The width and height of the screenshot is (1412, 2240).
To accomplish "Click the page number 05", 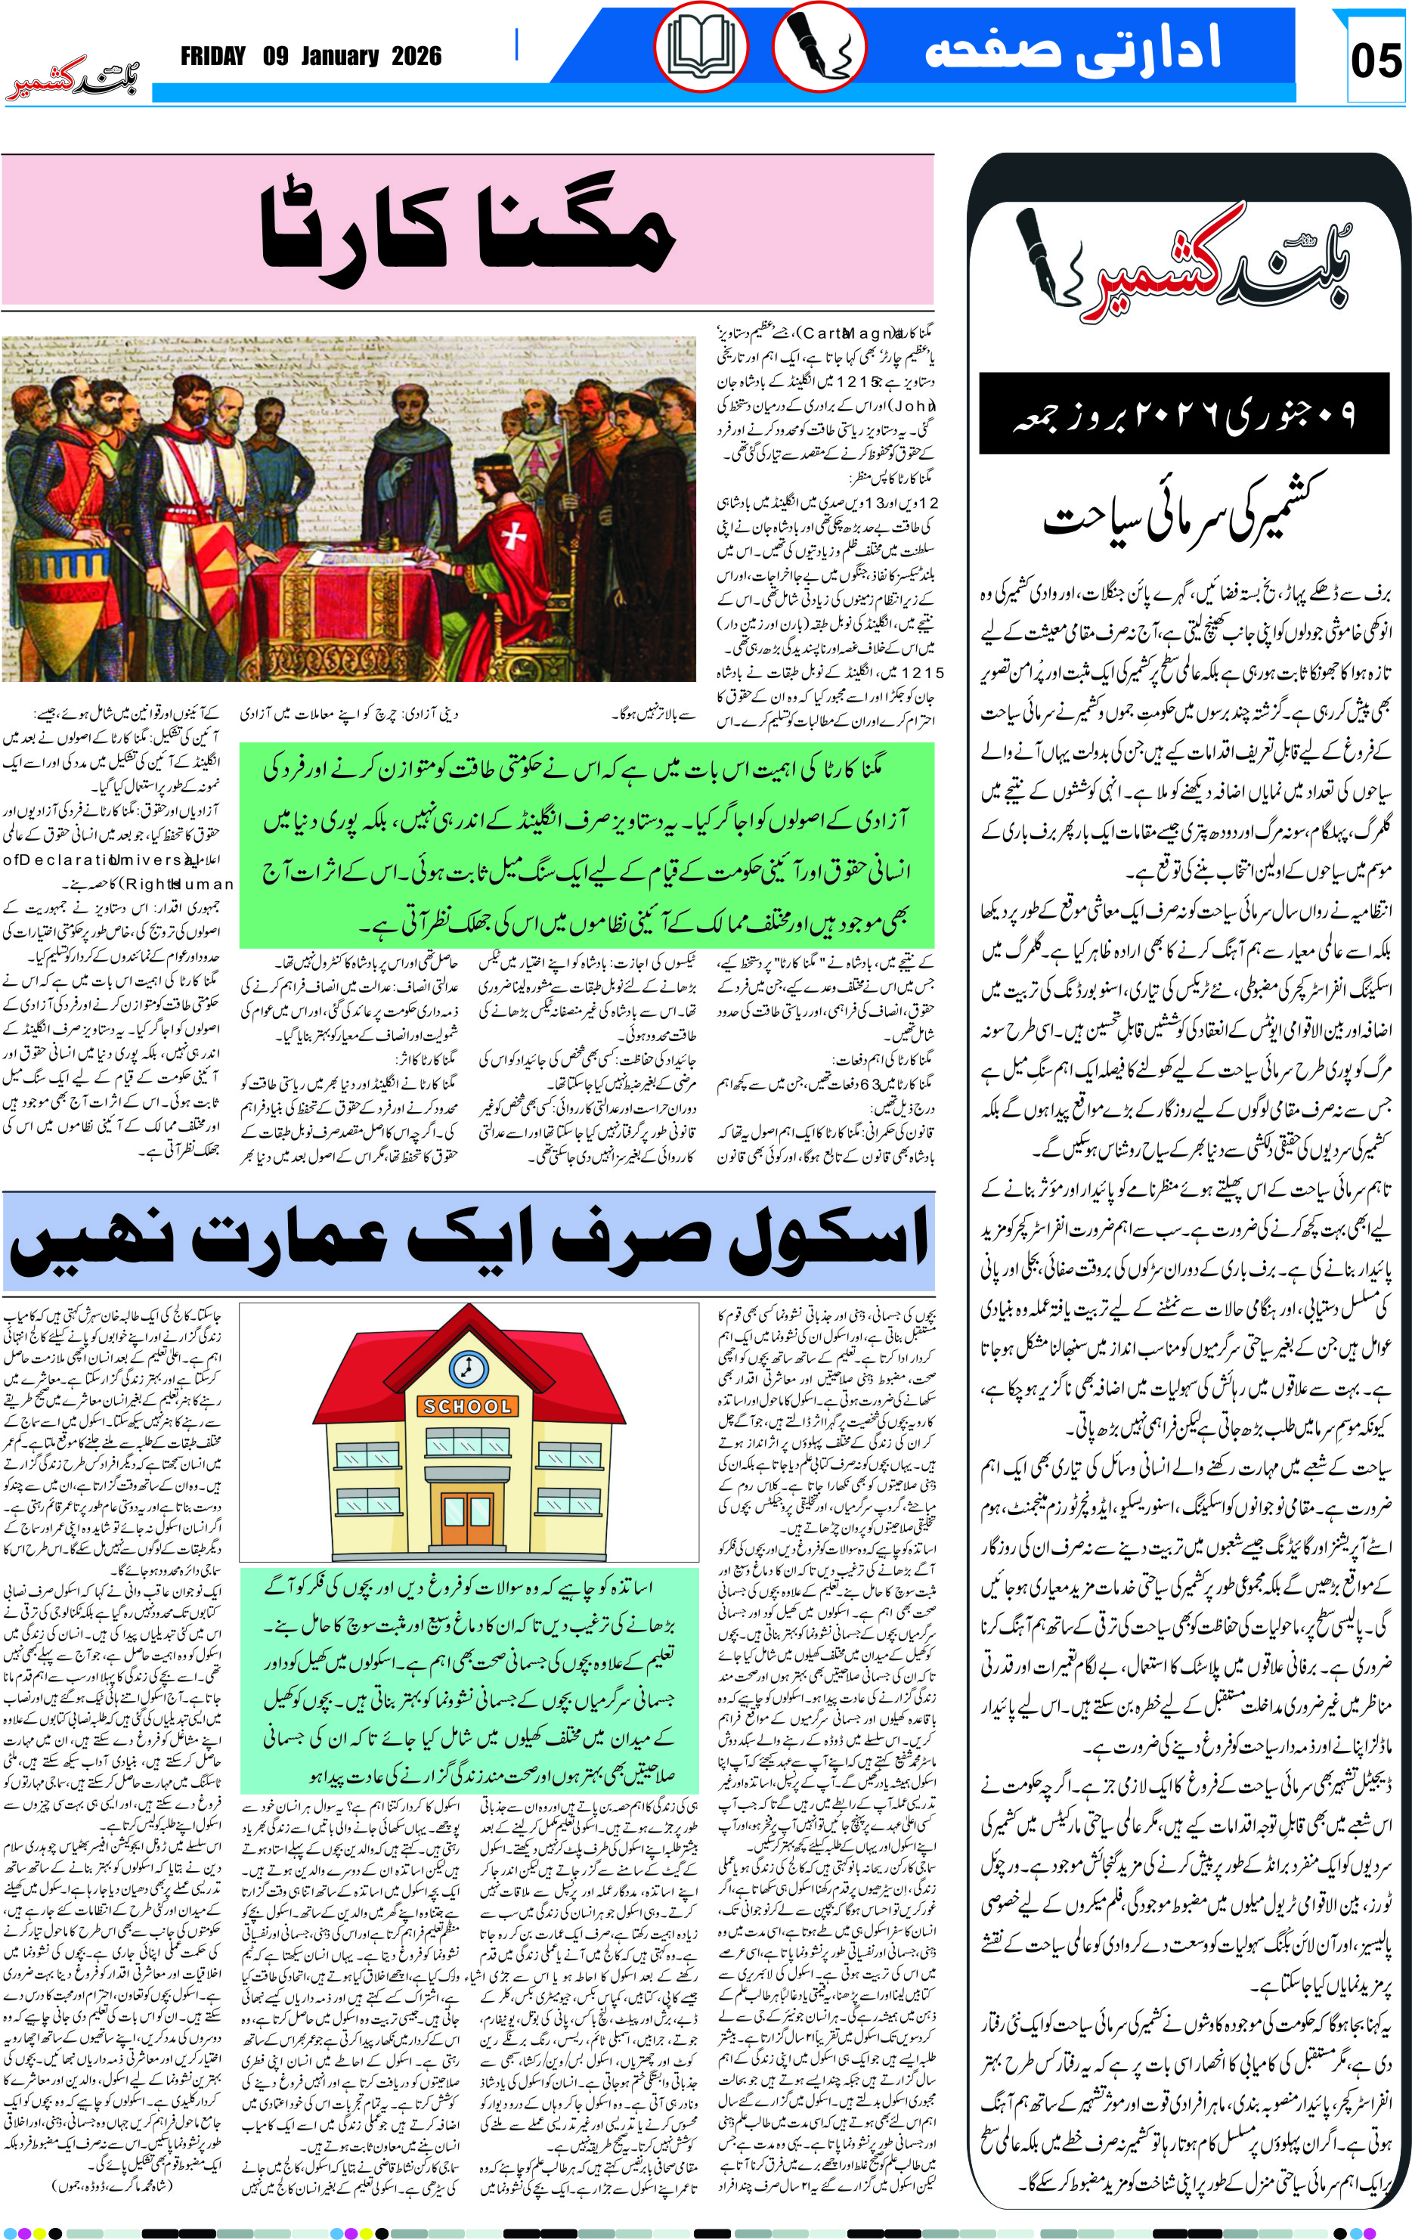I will [1375, 60].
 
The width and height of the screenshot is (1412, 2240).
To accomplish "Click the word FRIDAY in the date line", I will [212, 57].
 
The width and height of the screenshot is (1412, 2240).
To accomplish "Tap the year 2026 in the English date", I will [416, 57].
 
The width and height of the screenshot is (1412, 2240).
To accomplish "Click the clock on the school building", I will [468, 1368].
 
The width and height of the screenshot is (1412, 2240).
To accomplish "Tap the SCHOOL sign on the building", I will [468, 1406].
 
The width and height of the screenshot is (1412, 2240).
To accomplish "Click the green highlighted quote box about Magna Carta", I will [586, 844].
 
